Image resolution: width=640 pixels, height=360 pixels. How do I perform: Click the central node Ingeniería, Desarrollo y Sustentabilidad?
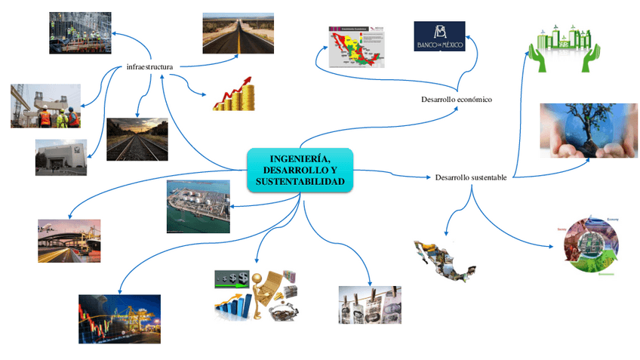pos(300,169)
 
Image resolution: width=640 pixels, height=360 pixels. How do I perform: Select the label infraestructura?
pos(150,67)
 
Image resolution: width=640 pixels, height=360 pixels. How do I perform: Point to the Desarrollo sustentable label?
pos(471,177)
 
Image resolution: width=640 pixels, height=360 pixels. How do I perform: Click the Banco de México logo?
pos(439,36)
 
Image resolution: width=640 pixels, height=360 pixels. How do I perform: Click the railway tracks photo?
pos(137,139)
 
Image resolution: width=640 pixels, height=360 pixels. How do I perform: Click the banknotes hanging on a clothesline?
pos(369,305)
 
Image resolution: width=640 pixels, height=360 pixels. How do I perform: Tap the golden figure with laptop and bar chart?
pos(257,294)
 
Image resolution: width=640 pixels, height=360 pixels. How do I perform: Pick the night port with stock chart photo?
pos(119,318)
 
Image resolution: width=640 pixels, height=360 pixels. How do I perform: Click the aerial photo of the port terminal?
pos(198,206)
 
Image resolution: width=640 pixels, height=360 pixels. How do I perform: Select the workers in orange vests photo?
pos(45,106)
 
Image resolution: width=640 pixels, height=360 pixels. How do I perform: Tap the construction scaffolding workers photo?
pos(79,33)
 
